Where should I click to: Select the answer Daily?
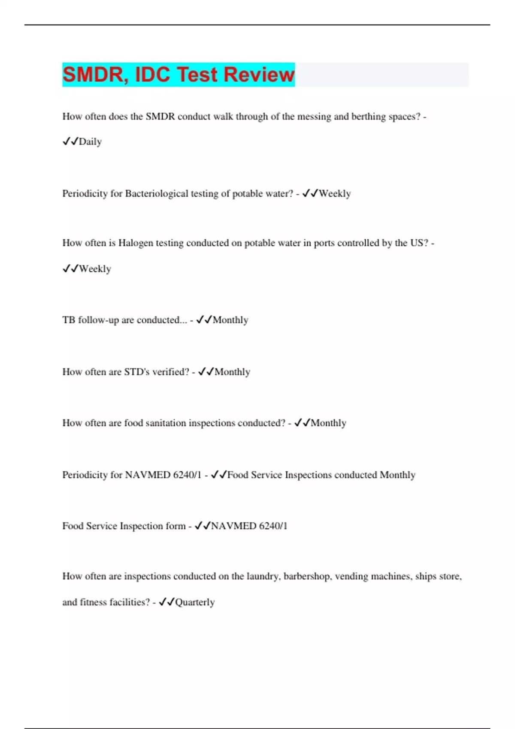point(90,142)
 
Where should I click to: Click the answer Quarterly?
point(195,602)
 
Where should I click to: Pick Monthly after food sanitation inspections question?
point(328,423)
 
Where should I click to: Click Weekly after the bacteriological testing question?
point(335,193)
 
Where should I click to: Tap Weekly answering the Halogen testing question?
point(95,269)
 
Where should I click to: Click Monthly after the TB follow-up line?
point(230,320)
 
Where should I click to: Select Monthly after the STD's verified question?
point(232,372)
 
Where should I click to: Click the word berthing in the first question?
point(368,117)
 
